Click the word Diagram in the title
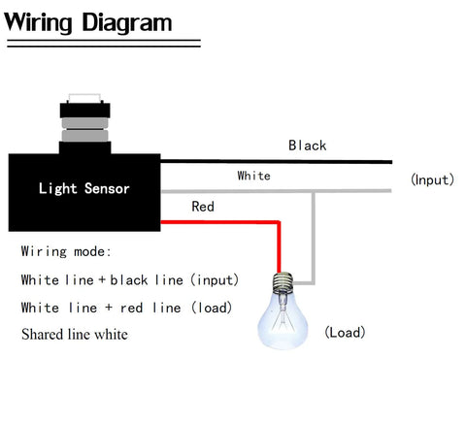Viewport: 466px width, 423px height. [x=131, y=21]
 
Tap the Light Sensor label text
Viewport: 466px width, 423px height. [x=83, y=188]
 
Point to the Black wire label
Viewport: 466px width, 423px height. [x=307, y=146]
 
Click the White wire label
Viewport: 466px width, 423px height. [x=254, y=176]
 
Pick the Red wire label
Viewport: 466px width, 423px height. [x=203, y=207]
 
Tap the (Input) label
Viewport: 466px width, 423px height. [x=433, y=179]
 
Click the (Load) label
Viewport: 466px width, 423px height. [x=345, y=333]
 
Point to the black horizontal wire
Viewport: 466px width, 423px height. [x=291, y=161]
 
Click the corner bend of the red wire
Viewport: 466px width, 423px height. [x=279, y=223]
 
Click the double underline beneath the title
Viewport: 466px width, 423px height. [x=102, y=43]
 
